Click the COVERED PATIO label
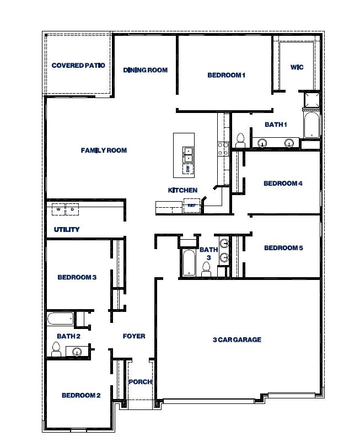coord(78,66)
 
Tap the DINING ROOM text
coord(145,70)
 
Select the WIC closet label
coord(297,67)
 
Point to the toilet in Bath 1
coord(240,141)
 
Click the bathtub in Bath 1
coord(311,126)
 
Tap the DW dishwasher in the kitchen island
coord(187,169)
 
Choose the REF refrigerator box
coord(192,206)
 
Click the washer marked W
coord(58,209)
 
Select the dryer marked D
coord(72,209)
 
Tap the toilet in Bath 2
coord(56,348)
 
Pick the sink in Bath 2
coord(77,351)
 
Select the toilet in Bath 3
coord(207,269)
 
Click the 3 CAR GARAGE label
coord(237,339)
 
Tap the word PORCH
coord(140,382)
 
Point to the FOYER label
coord(134,336)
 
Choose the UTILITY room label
coord(67,229)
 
